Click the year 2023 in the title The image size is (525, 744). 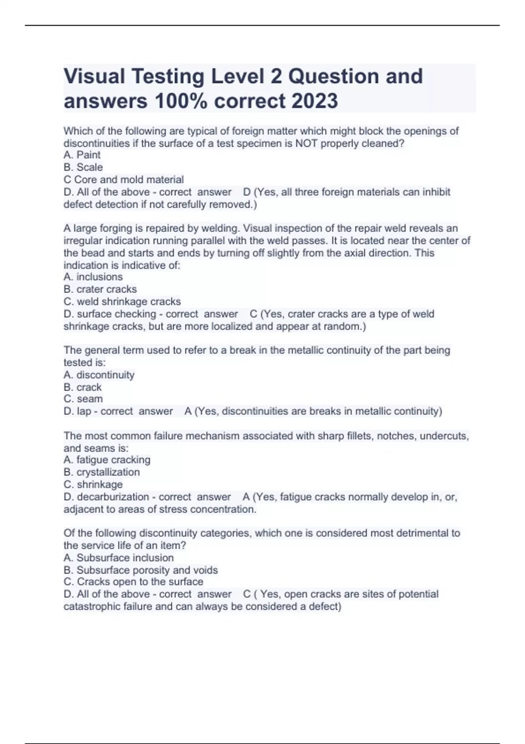point(315,101)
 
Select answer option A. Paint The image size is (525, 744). point(82,155)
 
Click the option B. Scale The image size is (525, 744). point(83,167)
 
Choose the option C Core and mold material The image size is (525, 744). point(123,179)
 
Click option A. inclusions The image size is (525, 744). point(93,277)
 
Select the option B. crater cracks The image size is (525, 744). point(100,289)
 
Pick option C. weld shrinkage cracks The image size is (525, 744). point(122,302)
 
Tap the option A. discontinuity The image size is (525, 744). point(99,375)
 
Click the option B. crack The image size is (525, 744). point(82,387)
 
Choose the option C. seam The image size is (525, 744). point(83,399)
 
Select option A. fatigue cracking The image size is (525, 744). point(107,460)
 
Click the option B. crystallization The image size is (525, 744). point(101,472)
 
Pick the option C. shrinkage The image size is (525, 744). point(93,484)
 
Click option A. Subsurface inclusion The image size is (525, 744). point(119,558)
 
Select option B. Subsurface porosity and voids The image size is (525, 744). point(140,570)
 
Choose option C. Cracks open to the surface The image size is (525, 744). point(133,582)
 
